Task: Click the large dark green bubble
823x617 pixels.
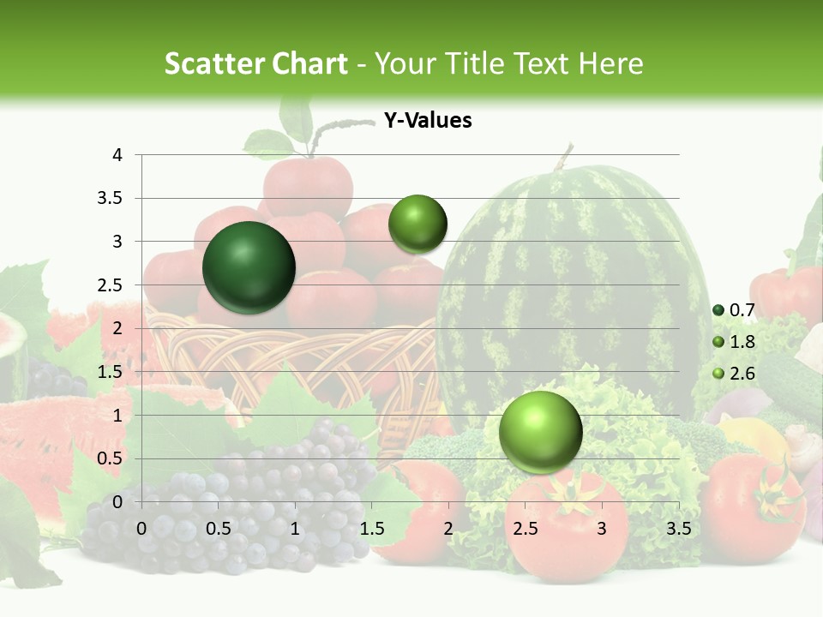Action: click(x=249, y=267)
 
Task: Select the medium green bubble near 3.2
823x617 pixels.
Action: click(x=418, y=224)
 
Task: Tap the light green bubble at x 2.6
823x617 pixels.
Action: click(x=540, y=431)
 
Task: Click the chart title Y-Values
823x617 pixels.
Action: click(x=427, y=121)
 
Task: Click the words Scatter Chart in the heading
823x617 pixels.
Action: click(x=255, y=63)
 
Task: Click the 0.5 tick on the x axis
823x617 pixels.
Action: click(x=218, y=528)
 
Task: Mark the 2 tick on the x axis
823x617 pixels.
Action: click(x=448, y=528)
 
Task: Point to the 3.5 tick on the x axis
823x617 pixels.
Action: click(x=678, y=528)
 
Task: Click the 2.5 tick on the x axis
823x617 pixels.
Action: click(x=525, y=528)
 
